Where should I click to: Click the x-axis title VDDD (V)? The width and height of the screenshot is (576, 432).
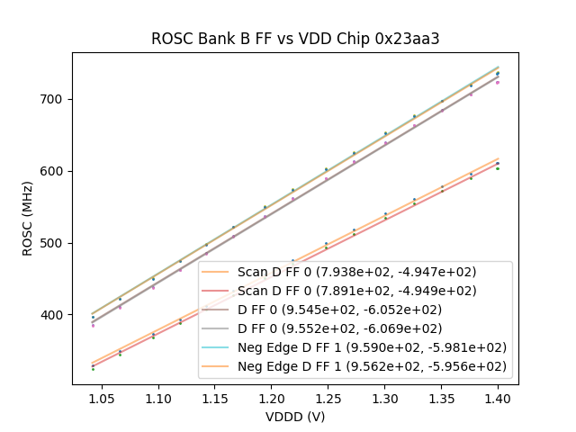tap(295, 417)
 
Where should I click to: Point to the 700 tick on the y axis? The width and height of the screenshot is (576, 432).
tap(56, 99)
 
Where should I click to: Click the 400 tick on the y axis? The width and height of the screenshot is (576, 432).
tap(56, 315)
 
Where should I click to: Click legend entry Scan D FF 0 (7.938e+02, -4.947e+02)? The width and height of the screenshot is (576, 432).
tap(356, 272)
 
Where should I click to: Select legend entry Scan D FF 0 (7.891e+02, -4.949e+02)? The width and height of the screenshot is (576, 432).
tap(356, 291)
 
